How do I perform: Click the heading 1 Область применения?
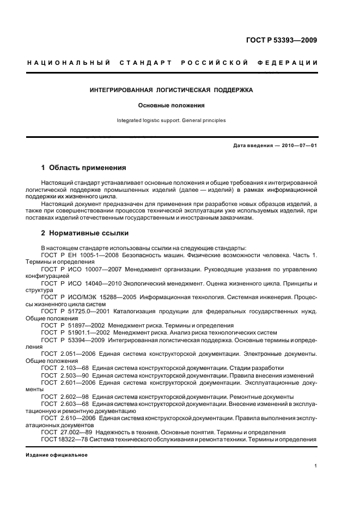[x=83, y=168]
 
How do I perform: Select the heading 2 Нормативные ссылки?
[x=85, y=233]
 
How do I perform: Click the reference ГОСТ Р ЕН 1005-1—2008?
[x=81, y=254]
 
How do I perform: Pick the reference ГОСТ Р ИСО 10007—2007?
[x=82, y=269]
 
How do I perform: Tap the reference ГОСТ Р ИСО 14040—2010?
[x=82, y=283]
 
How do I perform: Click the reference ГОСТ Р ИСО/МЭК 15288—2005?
[x=89, y=297]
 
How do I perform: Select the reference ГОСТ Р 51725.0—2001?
[x=76, y=311]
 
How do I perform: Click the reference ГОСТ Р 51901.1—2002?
[x=76, y=332]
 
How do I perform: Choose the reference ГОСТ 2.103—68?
[x=64, y=368]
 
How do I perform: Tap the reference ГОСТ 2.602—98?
[x=64, y=397]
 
